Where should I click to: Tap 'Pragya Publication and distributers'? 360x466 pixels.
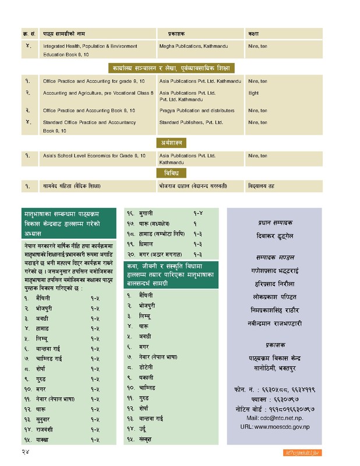196,110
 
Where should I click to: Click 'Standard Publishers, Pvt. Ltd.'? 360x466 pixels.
190,122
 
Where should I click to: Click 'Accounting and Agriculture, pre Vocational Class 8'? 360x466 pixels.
98,93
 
